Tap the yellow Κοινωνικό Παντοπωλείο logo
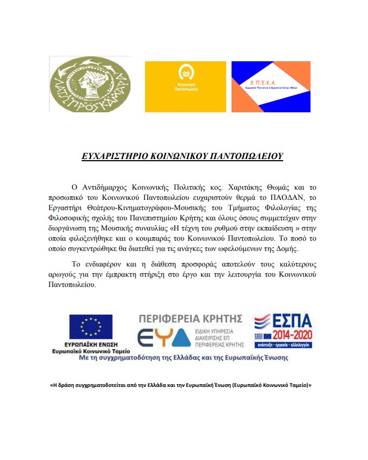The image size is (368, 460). coord(185,86)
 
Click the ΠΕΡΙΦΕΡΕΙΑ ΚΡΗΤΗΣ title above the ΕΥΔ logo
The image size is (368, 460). coord(191,318)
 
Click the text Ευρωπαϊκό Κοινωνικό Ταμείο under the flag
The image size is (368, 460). coord(91,350)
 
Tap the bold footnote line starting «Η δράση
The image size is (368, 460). coord(181,385)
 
